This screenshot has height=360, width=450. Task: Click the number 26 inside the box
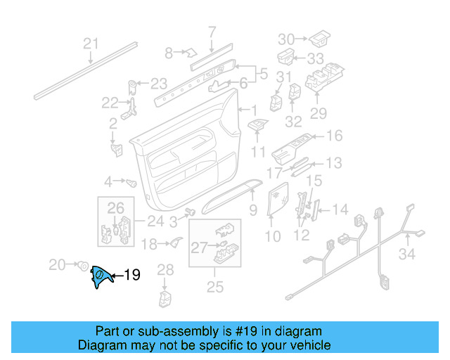click(x=115, y=207)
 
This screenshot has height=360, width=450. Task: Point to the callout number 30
click(x=285, y=38)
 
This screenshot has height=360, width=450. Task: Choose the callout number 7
click(x=212, y=31)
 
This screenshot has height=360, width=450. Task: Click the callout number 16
click(x=333, y=136)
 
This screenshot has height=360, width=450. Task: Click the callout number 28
click(x=165, y=269)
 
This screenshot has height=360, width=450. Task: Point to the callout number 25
click(x=214, y=287)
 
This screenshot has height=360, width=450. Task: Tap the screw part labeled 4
click(x=131, y=181)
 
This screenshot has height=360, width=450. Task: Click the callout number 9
click(x=253, y=210)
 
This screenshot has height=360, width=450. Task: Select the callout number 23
click(x=158, y=82)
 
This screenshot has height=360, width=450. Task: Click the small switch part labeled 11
click(x=258, y=126)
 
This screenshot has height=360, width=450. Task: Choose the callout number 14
click(x=340, y=209)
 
